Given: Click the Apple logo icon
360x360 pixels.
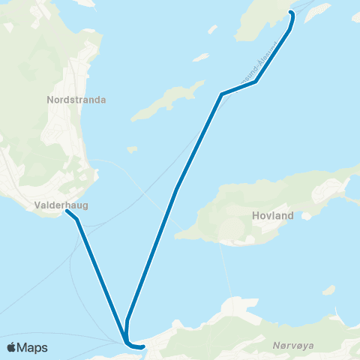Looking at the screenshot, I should pyautogui.click(x=12, y=347).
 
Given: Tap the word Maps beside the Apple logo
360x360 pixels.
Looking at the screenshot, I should pyautogui.click(x=32, y=347).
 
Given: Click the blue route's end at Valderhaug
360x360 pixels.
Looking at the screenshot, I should pyautogui.click(x=67, y=211).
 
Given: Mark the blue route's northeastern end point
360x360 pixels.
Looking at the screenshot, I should pyautogui.click(x=291, y=14).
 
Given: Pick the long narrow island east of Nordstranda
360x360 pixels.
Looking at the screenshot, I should pyautogui.click(x=168, y=102).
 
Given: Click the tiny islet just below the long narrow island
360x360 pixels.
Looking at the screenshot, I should pyautogui.click(x=133, y=149).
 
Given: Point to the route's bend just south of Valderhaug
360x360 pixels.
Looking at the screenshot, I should pyautogui.click(x=77, y=220).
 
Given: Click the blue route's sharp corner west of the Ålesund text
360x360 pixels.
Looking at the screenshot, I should pyautogui.click(x=221, y=94).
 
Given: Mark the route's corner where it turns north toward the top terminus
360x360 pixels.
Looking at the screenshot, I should pyautogui.click(x=256, y=81).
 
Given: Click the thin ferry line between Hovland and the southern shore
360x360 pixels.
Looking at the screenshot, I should pyautogui.click(x=223, y=270).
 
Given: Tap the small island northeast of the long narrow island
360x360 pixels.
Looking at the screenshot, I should pyautogui.click(x=200, y=57).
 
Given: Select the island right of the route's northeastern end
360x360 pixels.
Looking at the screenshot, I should pyautogui.click(x=318, y=11).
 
